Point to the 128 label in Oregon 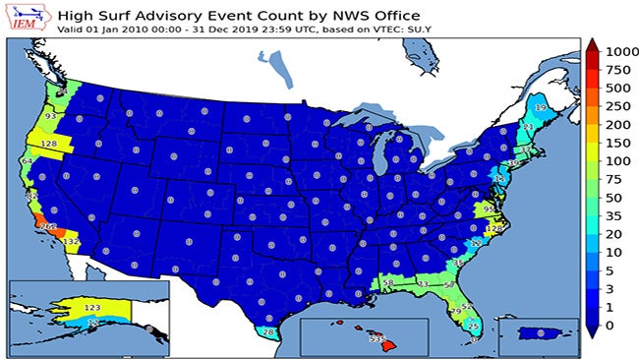pyautogui.click(x=50, y=144)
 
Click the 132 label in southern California pyautogui.click(x=71, y=241)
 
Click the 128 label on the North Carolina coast pyautogui.click(x=494, y=228)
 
